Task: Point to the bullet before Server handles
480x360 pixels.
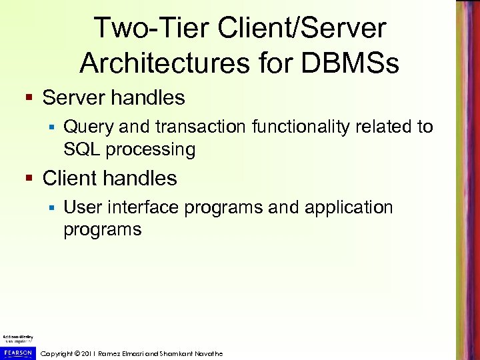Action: [x=29, y=99]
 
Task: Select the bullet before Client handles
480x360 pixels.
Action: [x=29, y=179]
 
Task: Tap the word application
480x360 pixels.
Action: [x=349, y=208]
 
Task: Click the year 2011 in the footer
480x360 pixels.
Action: [x=89, y=353]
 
